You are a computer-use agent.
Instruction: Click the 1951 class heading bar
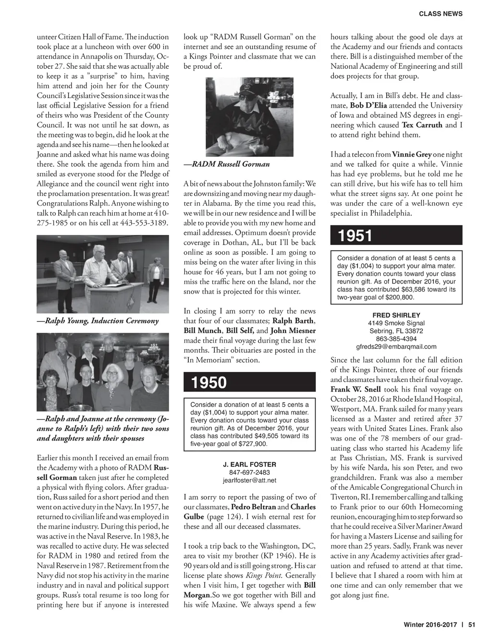coord(396,236)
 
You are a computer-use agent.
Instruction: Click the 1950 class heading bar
coord(249,382)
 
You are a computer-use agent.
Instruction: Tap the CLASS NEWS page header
coord(441,14)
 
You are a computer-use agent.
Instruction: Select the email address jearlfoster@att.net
coord(249,480)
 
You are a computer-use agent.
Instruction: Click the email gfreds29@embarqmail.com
coord(396,347)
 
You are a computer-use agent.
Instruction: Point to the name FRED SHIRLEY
coord(396,315)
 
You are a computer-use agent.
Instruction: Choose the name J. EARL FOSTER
coord(249,464)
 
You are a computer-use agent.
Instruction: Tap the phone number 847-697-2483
coord(249,472)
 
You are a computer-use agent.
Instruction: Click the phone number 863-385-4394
coord(396,339)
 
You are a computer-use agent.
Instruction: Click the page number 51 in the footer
coord(471,625)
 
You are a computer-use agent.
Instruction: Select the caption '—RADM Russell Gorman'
coord(227,164)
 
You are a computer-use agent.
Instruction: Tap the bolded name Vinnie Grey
coord(412,155)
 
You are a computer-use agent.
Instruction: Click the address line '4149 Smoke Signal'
coord(396,323)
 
